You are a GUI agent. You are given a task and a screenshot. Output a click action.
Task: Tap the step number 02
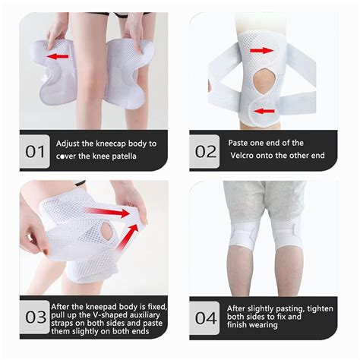pos(206,150)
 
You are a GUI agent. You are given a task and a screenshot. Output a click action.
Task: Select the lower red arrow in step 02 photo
pos(266,111)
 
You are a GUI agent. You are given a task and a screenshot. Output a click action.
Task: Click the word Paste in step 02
pos(241,143)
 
